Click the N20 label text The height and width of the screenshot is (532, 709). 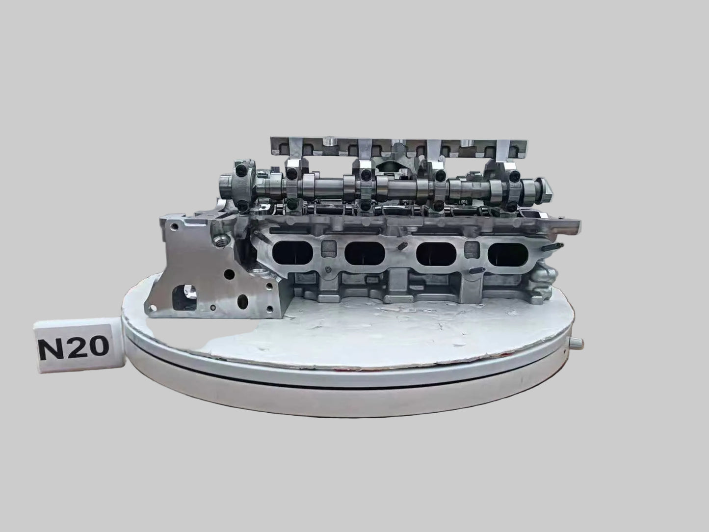[x=74, y=347]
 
